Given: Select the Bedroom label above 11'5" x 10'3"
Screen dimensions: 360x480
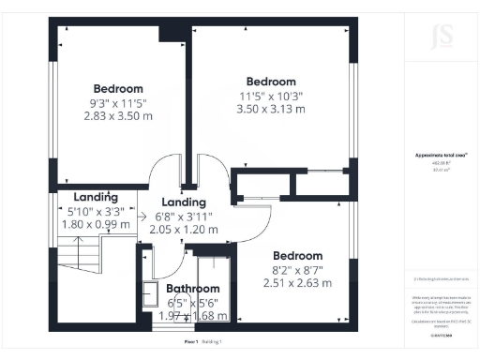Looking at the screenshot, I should [271, 82].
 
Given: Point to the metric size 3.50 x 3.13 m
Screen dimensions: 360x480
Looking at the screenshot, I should [271, 110].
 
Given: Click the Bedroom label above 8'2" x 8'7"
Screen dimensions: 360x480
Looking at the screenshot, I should [297, 255].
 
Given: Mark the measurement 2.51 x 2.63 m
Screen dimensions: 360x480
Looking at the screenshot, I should [297, 282].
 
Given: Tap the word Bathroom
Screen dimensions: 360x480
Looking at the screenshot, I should [193, 289].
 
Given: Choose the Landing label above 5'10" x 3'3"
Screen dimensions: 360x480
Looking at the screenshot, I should [96, 198].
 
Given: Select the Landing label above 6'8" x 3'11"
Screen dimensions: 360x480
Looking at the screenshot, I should [184, 202].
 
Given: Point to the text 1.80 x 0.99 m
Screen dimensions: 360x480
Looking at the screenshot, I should [96, 225].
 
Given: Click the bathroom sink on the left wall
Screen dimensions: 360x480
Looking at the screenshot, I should [150, 293].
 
